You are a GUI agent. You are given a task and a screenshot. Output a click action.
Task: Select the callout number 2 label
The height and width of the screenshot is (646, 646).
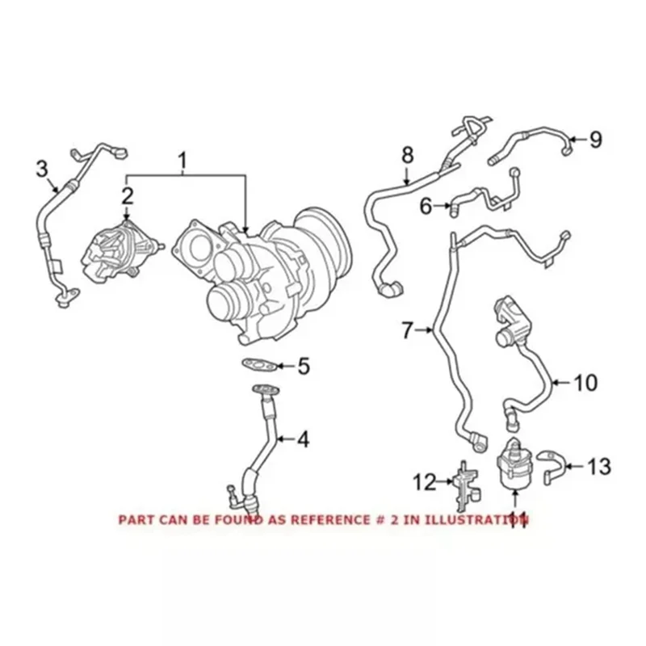point(127,195)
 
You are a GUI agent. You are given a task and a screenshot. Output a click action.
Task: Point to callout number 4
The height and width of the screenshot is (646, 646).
point(302,440)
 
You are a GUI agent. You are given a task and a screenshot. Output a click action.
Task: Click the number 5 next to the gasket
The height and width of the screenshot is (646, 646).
point(303,367)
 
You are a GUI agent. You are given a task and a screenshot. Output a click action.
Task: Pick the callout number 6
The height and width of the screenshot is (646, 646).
point(425,207)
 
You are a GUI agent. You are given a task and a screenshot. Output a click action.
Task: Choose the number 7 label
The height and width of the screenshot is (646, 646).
point(408,329)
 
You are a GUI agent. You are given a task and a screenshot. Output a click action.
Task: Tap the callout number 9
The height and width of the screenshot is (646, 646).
point(595,140)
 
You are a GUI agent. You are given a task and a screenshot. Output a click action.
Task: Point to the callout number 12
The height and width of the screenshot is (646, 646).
point(425,483)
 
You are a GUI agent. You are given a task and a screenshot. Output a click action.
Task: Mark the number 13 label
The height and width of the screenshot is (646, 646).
point(598,466)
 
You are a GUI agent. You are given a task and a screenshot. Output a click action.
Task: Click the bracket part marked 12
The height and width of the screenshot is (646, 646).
point(464,483)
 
